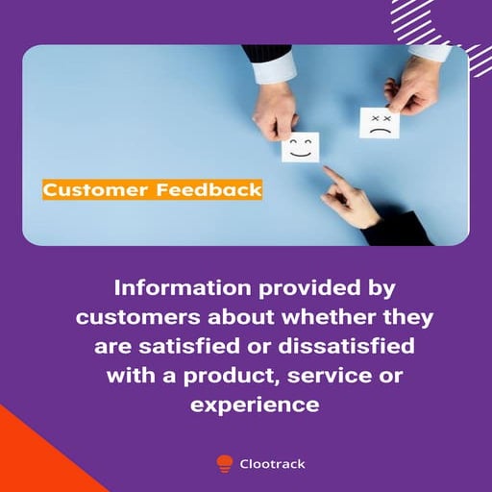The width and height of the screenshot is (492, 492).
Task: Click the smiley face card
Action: click(302, 148)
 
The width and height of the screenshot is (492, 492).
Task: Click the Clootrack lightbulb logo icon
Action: click(225, 463)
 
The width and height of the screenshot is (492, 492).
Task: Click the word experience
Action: click(254, 405)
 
